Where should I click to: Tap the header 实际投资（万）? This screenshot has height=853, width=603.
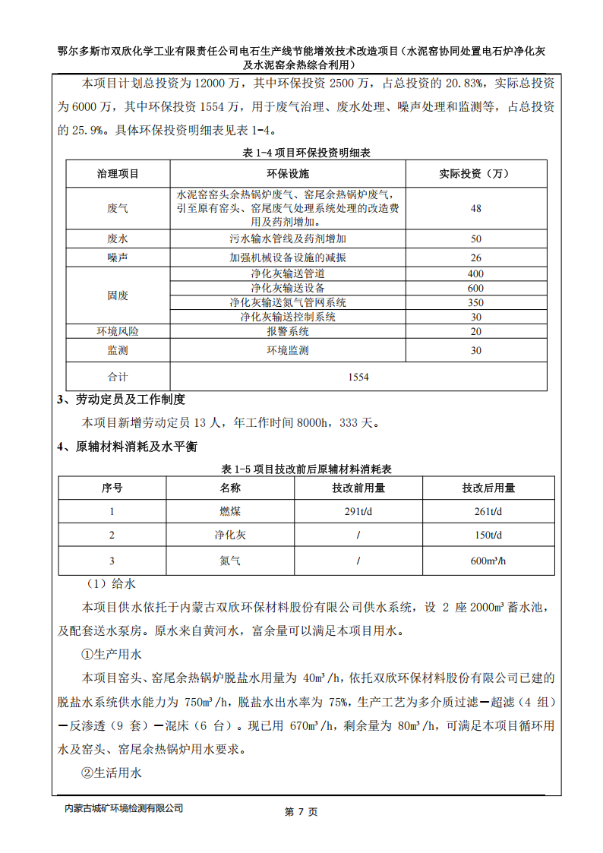pyautogui.click(x=475, y=174)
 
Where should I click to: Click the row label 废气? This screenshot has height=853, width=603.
pyautogui.click(x=118, y=207)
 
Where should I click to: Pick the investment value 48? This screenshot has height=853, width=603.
pyautogui.click(x=475, y=207)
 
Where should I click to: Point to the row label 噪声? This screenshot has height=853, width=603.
pyautogui.click(x=118, y=257)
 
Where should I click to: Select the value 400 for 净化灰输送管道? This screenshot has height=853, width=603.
pyautogui.click(x=475, y=273)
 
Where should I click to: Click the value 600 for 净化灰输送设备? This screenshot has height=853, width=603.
pyautogui.click(x=475, y=288)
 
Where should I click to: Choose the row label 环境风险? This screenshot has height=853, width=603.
pyautogui.click(x=118, y=331)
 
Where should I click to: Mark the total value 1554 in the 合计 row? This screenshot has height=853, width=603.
pyautogui.click(x=358, y=376)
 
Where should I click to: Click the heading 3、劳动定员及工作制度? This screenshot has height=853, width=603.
pyautogui.click(x=122, y=400)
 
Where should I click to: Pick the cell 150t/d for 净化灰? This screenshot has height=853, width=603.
pyautogui.click(x=488, y=535)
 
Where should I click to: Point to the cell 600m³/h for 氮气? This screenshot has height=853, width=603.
pyautogui.click(x=488, y=561)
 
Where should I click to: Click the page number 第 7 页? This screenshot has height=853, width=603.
pyautogui.click(x=301, y=812)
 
